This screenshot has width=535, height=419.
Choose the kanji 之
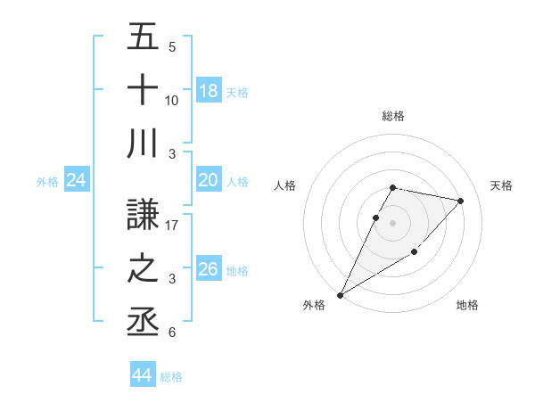pyautogui.click(x=143, y=268)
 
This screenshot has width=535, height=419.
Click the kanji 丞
pyautogui.click(x=143, y=321)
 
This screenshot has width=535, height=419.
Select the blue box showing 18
pyautogui.click(x=209, y=91)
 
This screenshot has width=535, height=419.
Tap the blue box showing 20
pyautogui.click(x=209, y=181)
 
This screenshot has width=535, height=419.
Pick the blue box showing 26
pyautogui.click(x=209, y=269)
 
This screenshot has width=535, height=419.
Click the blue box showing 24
pyautogui.click(x=76, y=181)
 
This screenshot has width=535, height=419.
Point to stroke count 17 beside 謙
pyautogui.click(x=172, y=226)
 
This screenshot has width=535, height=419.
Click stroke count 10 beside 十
pyautogui.click(x=172, y=100)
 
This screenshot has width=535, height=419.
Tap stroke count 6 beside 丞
pyautogui.click(x=172, y=333)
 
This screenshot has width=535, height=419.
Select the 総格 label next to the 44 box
pyautogui.click(x=171, y=377)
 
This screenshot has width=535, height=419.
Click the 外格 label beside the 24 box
pyautogui.click(x=47, y=182)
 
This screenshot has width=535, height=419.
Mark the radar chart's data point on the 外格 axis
pyautogui.click(x=341, y=294)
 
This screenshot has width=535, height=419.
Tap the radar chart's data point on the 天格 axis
pyautogui.click(x=461, y=201)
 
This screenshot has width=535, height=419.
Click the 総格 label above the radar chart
pyautogui.click(x=393, y=116)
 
